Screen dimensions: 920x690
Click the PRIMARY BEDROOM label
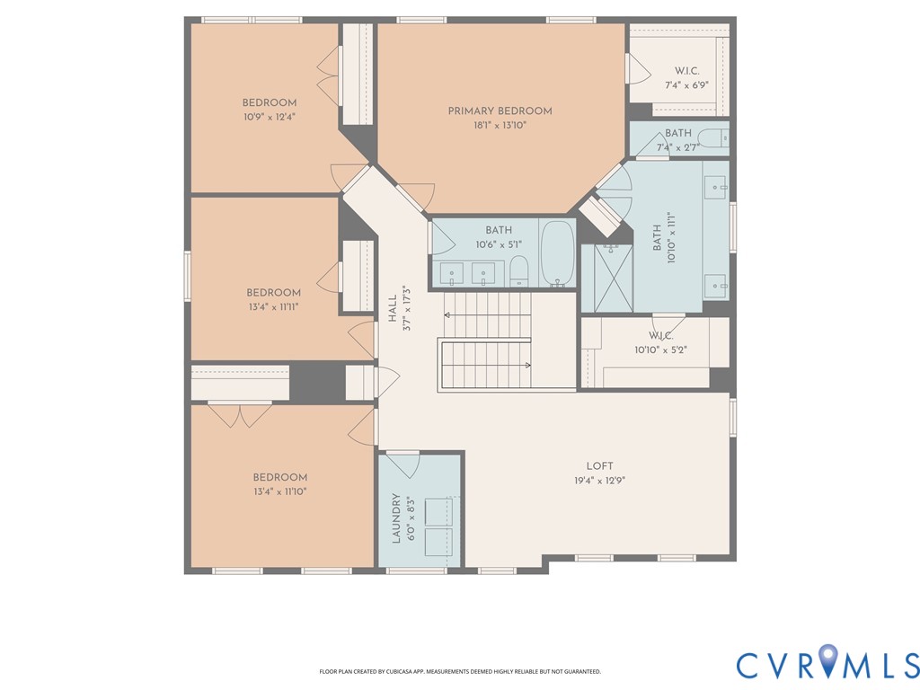click(500, 111)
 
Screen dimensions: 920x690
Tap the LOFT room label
click(599, 466)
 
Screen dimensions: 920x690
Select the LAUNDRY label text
click(396, 518)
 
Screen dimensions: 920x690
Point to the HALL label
click(393, 308)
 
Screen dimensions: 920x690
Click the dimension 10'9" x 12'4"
click(270, 117)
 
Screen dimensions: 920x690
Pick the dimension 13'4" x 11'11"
click(273, 306)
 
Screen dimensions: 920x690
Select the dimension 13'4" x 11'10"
click(280, 491)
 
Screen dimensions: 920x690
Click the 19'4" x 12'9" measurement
click(599, 481)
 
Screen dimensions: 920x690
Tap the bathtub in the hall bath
click(557, 253)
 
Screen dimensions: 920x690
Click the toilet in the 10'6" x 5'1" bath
click(518, 271)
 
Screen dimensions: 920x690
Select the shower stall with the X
click(613, 279)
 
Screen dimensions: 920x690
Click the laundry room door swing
click(403, 464)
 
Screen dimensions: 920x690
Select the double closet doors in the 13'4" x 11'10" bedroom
click(240, 415)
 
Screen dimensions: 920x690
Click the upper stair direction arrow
click(488, 315)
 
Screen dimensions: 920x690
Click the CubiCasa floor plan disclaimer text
click(460, 671)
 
